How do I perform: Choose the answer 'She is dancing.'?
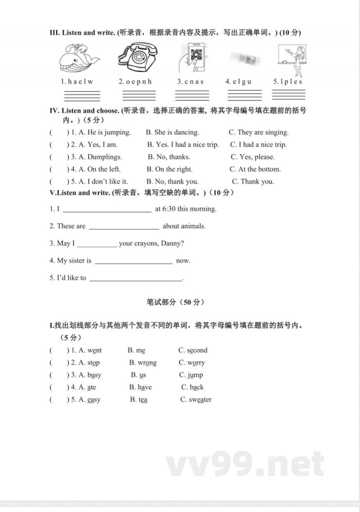(x=176, y=132)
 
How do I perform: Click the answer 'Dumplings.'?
(x=104, y=157)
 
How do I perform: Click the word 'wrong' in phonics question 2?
(x=148, y=363)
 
